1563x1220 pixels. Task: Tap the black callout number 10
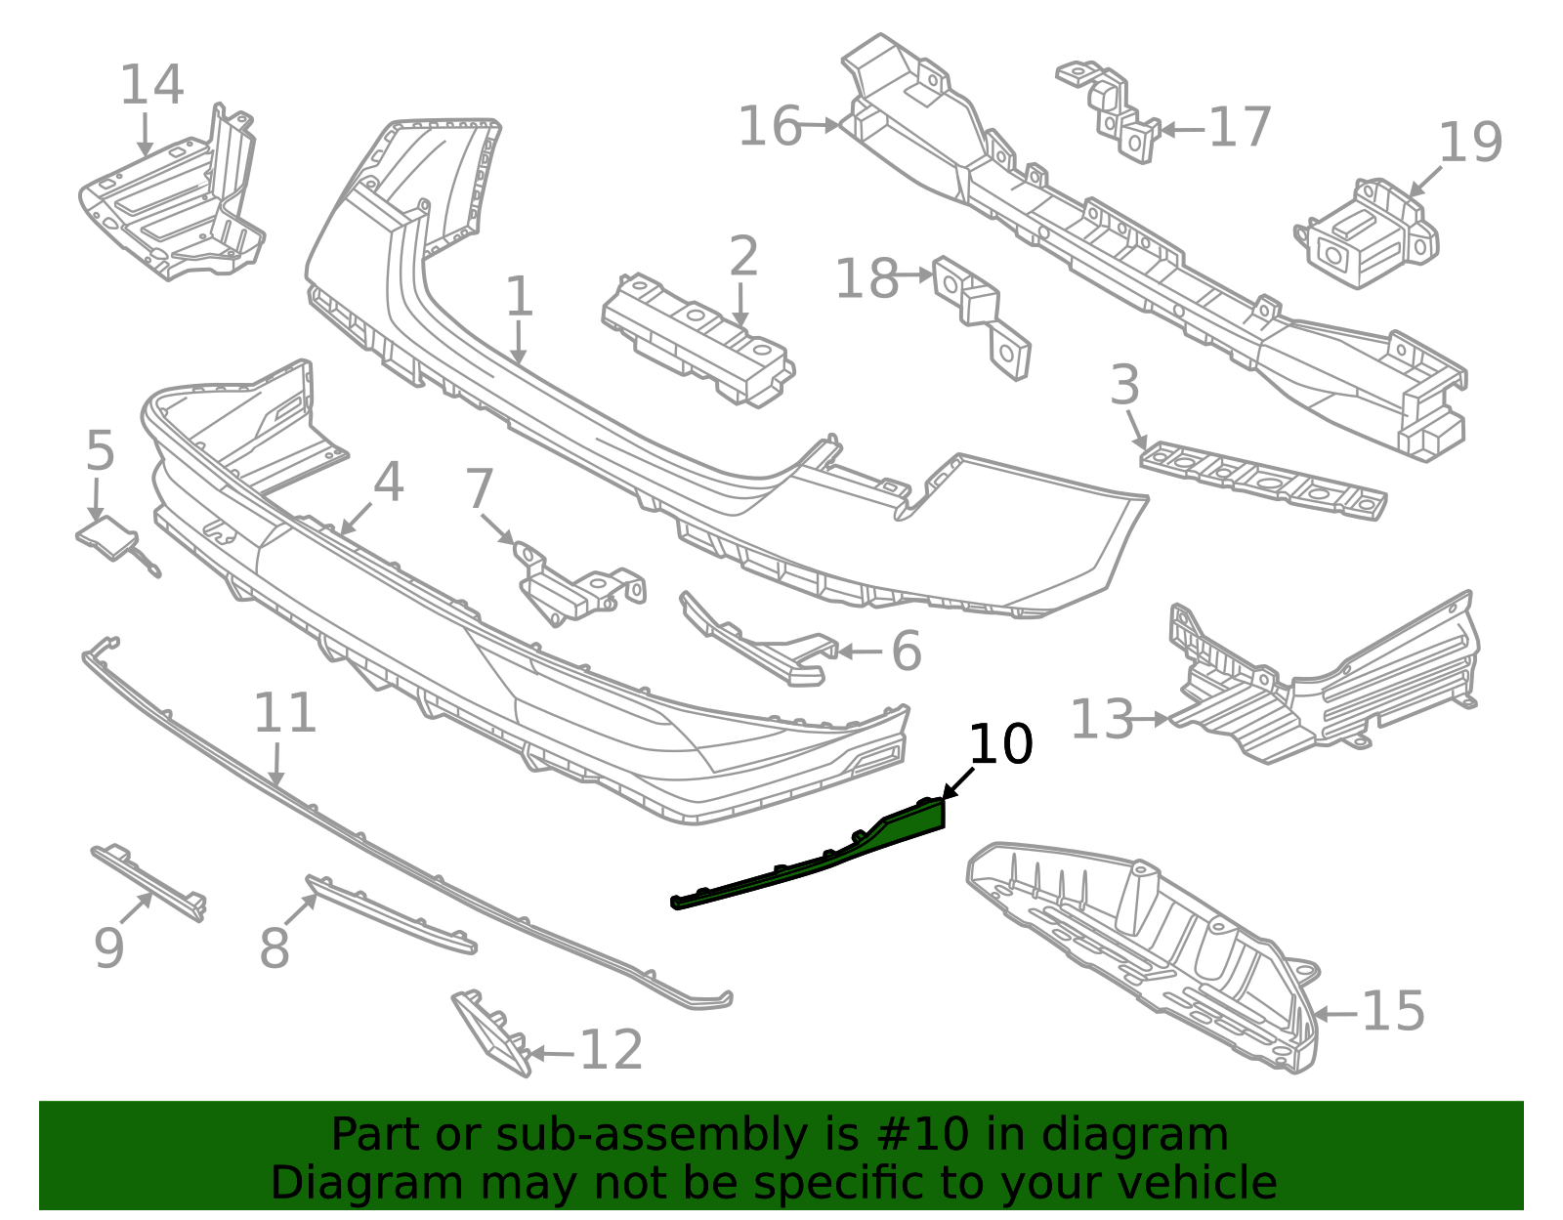1000,743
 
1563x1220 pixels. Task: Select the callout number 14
151,84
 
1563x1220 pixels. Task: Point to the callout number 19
1470,142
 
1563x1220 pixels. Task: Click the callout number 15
1393,1011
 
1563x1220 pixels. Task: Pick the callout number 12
611,1050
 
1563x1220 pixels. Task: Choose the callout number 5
100,450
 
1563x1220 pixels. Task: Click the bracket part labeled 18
982,316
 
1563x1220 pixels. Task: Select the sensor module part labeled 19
1366,233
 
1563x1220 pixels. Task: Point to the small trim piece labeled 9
148,882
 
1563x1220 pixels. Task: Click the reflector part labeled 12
492,1032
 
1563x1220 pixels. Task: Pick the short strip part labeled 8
391,913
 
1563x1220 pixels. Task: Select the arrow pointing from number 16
820,125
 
